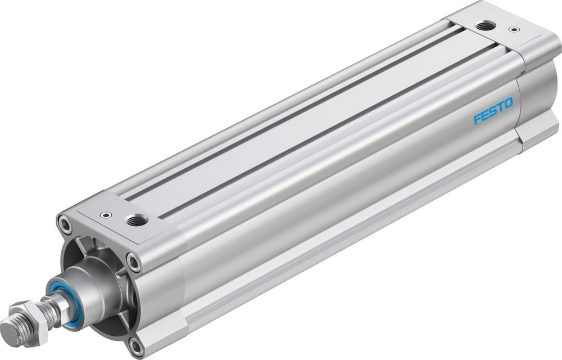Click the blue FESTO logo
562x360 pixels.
(492, 110)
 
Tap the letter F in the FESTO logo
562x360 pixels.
(477, 119)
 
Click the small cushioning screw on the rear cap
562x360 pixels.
(512, 29)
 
